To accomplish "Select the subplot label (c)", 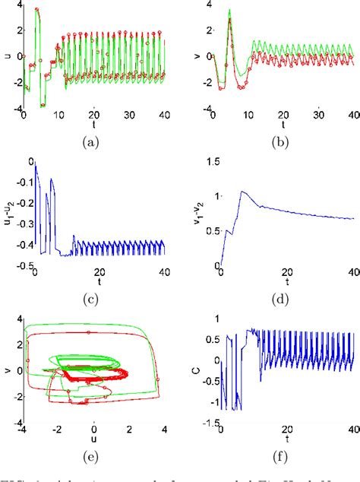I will pos(92,299).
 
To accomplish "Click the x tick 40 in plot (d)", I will pos(352,272).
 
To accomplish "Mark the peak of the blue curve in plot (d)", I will pos(244,191).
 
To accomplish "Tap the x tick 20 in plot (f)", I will pos(286,431).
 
